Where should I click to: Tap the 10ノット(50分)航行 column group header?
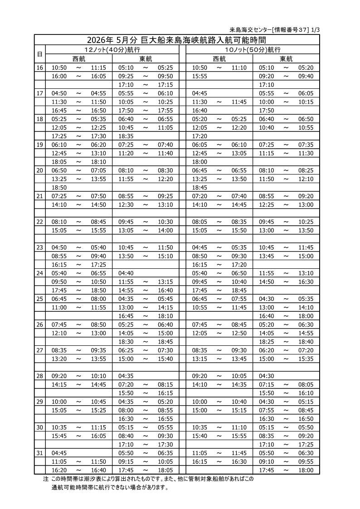click(x=253, y=49)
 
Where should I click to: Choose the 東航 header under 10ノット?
click(x=286, y=58)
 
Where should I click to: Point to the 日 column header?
click(x=39, y=54)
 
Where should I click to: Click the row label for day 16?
click(x=39, y=68)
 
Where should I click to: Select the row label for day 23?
click(x=39, y=247)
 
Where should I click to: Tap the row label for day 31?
click(x=39, y=453)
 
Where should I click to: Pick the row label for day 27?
click(x=39, y=350)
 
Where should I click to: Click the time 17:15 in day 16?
click(x=165, y=85)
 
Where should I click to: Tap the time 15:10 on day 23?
click(x=165, y=256)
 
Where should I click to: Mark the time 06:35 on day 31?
click(x=165, y=453)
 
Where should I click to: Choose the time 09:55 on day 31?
click(x=306, y=461)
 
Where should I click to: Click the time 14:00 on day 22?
click(x=165, y=230)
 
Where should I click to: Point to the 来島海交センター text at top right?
click(x=251, y=30)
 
